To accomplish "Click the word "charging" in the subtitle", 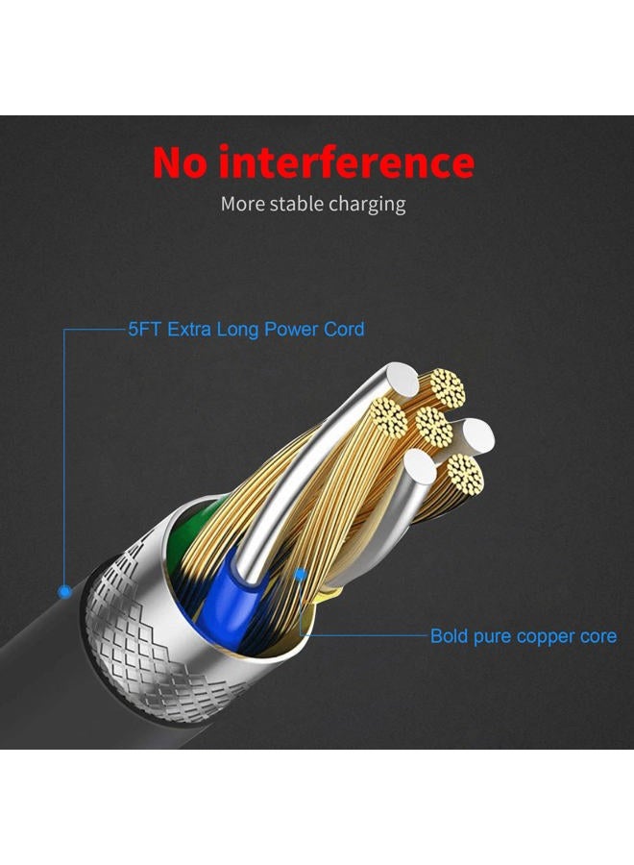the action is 367,206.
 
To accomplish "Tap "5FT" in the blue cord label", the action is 145,330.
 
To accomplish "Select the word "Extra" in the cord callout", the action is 189,330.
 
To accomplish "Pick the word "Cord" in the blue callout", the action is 344,330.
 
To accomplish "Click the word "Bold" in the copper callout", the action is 449,635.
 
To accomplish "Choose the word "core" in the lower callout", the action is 597,636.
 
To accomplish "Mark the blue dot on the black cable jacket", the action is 65,592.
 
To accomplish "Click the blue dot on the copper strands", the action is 300,575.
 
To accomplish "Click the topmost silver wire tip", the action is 402,379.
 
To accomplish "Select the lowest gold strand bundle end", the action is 466,473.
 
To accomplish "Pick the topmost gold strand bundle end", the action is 447,386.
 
